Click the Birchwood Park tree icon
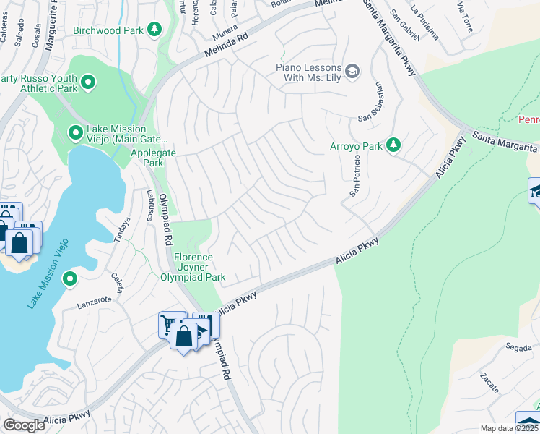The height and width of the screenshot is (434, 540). [153, 29]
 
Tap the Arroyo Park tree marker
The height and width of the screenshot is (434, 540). [393, 146]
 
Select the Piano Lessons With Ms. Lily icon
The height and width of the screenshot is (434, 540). [352, 70]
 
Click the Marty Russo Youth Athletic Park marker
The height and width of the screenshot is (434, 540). [89, 82]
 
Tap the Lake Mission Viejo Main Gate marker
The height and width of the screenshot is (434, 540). [75, 132]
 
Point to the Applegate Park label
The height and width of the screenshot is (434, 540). [147, 158]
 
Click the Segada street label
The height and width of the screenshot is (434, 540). [518, 347]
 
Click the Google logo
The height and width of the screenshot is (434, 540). [24, 425]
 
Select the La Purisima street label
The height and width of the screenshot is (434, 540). [424, 12]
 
